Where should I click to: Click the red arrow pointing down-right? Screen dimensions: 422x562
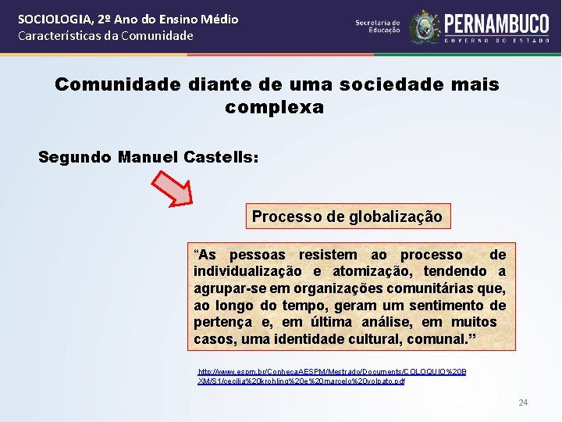click(x=173, y=188)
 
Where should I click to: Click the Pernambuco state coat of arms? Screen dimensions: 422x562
click(x=425, y=27)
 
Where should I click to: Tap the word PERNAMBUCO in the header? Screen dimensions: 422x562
click(x=498, y=23)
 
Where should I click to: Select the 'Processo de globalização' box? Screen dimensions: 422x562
click(x=347, y=216)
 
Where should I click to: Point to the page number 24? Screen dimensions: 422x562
click(x=523, y=402)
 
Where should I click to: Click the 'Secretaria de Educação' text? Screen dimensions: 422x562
click(x=378, y=27)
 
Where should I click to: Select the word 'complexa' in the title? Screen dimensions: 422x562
click(x=274, y=107)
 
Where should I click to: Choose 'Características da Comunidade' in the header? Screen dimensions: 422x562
click(x=105, y=35)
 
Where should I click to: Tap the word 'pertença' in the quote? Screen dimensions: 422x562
click(x=223, y=322)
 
